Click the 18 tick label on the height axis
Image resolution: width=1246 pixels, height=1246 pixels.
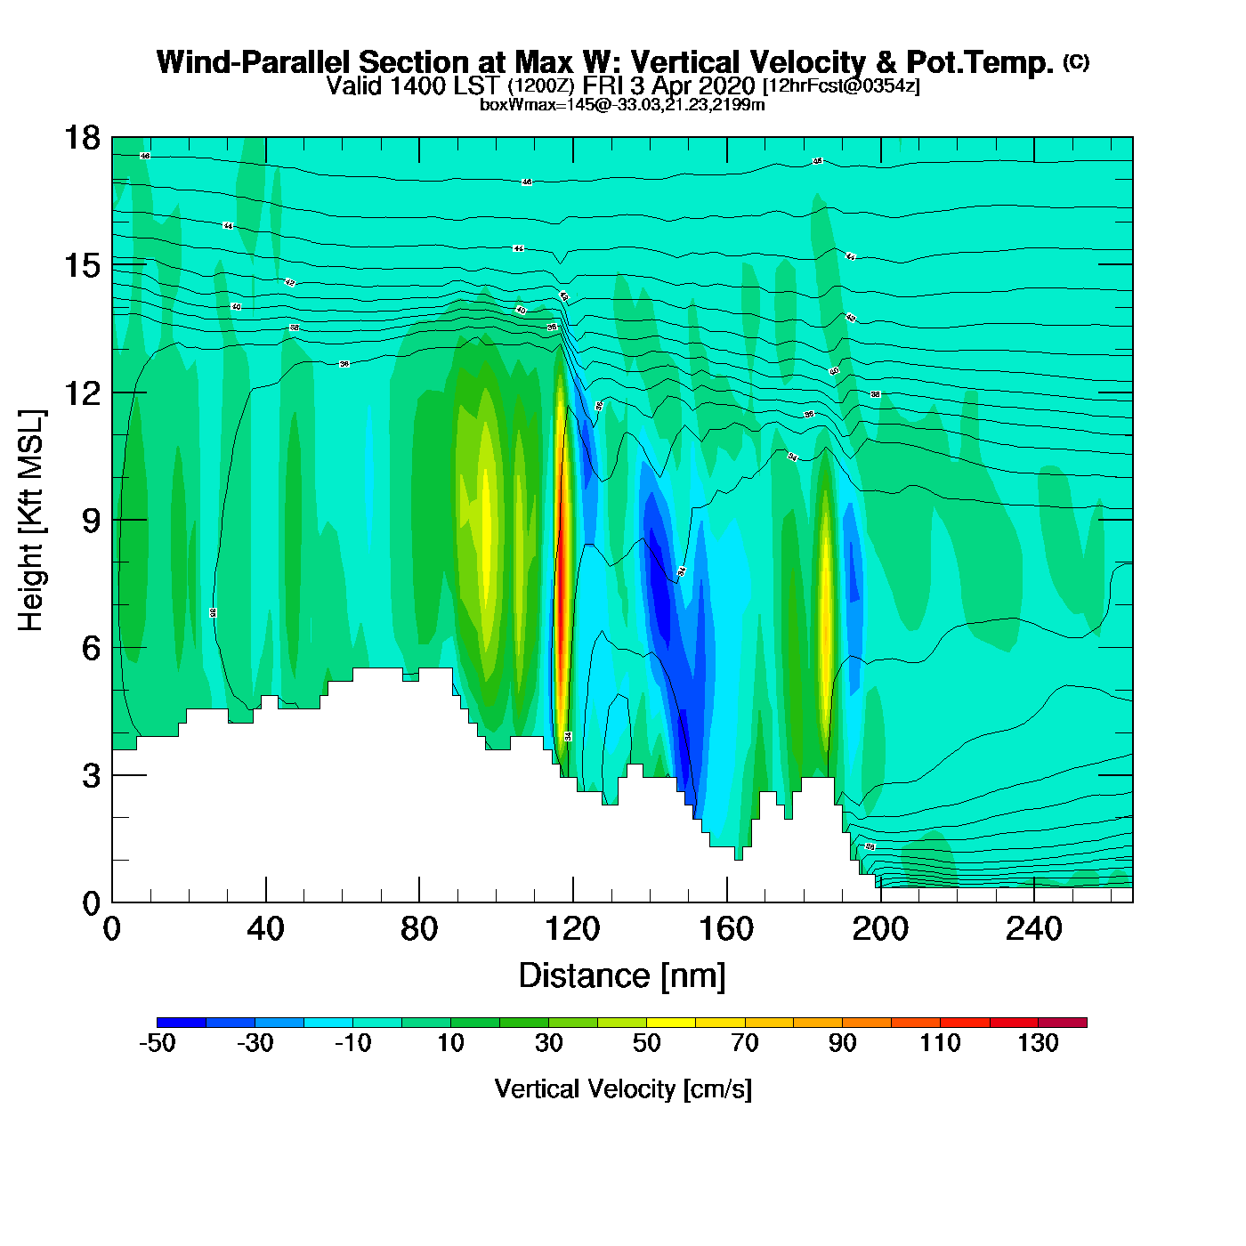pyautogui.click(x=82, y=138)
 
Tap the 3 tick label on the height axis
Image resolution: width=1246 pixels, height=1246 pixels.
pyautogui.click(x=92, y=776)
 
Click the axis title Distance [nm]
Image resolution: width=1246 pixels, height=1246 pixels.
pyautogui.click(x=622, y=976)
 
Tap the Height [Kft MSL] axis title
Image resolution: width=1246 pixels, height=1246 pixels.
pyautogui.click(x=31, y=521)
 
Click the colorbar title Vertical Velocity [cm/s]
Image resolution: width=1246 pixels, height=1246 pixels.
pyautogui.click(x=623, y=1089)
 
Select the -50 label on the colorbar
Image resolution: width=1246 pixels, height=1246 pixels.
pyautogui.click(x=158, y=1044)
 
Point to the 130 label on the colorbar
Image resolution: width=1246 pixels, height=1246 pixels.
pyautogui.click(x=1038, y=1044)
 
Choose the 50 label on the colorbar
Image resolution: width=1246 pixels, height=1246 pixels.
pyautogui.click(x=647, y=1044)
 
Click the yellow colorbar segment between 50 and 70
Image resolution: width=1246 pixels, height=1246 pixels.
pyautogui.click(x=671, y=1023)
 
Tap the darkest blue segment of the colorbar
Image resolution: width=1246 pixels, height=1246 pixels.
pyautogui.click(x=182, y=1023)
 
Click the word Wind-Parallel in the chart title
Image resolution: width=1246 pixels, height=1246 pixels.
pyautogui.click(x=255, y=62)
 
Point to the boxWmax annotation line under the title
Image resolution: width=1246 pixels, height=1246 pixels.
pyautogui.click(x=622, y=104)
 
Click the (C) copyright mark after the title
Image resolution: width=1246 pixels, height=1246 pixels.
pyautogui.click(x=1076, y=61)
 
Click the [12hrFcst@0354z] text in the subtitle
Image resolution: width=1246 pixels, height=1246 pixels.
pyautogui.click(x=841, y=86)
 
